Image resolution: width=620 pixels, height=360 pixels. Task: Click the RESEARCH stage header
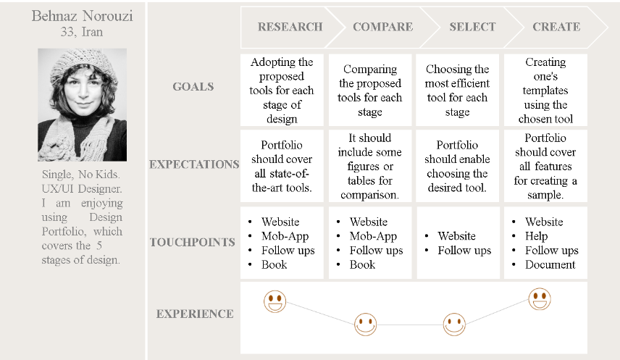click(290, 27)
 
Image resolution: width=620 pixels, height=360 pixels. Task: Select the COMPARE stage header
click(382, 27)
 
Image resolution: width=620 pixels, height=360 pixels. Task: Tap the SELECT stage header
click(472, 27)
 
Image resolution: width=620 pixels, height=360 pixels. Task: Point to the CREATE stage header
click(556, 27)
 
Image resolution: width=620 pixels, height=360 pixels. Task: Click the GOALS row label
click(193, 87)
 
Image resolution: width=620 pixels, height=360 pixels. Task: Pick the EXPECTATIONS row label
click(194, 164)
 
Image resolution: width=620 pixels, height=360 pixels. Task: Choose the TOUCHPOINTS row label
click(193, 242)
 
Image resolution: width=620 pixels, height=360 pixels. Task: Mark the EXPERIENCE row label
click(195, 314)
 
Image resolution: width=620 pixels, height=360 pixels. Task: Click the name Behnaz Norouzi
click(83, 16)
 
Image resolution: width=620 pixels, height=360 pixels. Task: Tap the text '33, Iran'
click(81, 32)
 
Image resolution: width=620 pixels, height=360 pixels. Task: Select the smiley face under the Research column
click(275, 301)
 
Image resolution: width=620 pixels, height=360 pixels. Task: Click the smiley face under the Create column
click(540, 298)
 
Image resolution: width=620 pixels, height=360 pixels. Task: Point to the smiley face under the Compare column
click(365, 325)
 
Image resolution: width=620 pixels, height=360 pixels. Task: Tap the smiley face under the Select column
click(454, 325)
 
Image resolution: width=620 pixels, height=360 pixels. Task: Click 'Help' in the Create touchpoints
click(536, 236)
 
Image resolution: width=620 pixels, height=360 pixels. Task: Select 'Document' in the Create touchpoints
click(550, 264)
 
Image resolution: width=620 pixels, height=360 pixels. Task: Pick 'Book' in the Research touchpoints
click(274, 264)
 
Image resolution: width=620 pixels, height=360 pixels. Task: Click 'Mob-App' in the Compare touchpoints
click(373, 236)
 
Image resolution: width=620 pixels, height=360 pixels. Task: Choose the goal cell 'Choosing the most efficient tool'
click(458, 91)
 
